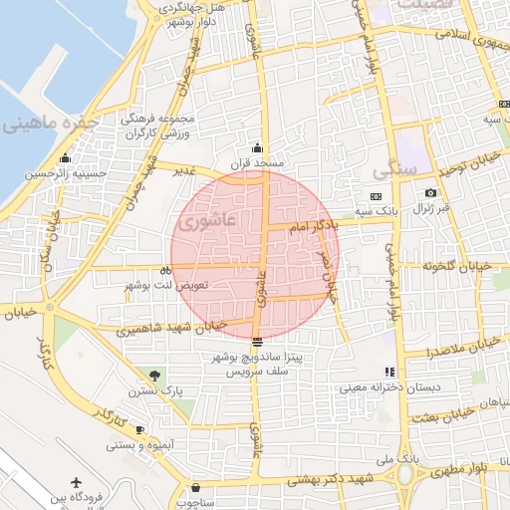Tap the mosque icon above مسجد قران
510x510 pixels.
[259, 146]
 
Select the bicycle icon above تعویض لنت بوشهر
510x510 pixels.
[165, 269]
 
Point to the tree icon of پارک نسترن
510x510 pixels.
[153, 375]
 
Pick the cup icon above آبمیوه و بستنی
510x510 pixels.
[139, 429]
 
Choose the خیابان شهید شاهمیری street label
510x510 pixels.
[169, 328]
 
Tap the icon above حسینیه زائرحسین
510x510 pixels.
[66, 157]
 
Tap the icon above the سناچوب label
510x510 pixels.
[195, 488]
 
